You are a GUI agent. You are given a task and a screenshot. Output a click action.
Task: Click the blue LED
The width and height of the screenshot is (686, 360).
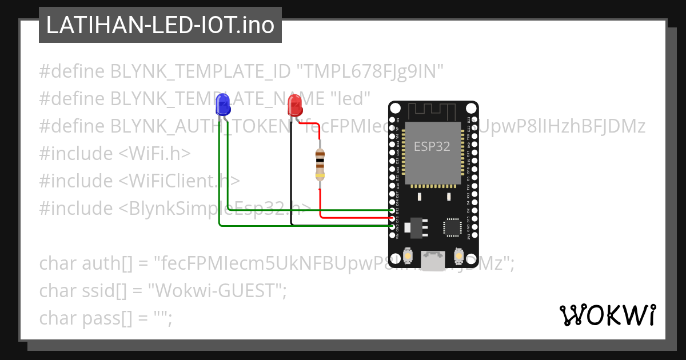tap(223, 105)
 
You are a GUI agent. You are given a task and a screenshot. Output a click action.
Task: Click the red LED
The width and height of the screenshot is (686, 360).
tap(295, 105)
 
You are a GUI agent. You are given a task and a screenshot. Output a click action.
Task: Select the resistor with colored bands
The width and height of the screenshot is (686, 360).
tap(321, 165)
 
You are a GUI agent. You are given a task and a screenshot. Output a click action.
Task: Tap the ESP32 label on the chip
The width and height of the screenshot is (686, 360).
tap(432, 146)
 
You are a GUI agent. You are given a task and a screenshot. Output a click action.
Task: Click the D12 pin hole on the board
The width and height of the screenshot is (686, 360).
tap(393, 210)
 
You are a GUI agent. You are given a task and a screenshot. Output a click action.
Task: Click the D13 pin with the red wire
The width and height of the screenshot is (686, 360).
tap(393, 218)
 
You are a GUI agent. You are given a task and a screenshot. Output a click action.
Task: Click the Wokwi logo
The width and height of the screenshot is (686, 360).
tap(607, 315)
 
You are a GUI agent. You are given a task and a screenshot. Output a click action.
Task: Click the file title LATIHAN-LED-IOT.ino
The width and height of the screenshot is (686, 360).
tap(160, 25)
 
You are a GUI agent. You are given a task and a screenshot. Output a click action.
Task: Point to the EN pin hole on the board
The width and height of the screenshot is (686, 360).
tap(393, 120)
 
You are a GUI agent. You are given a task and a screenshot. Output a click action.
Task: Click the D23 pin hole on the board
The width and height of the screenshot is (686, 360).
tap(473, 120)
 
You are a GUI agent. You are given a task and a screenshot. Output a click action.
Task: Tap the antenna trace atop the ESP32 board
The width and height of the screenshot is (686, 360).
tap(433, 110)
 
